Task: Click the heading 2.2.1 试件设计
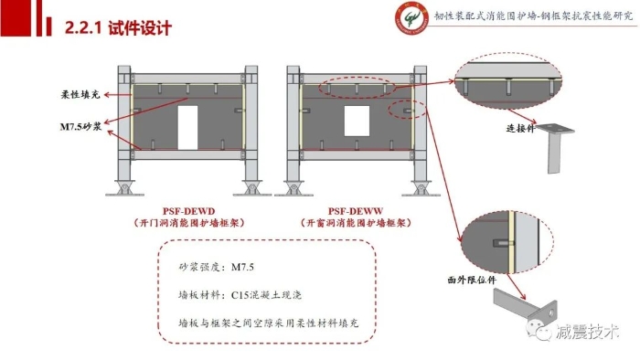tap(118, 27)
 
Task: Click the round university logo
tap(411, 17)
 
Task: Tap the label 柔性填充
tap(80, 95)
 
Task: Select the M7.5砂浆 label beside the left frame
tap(80, 127)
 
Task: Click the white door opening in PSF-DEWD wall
tap(187, 128)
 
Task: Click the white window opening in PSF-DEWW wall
tap(357, 122)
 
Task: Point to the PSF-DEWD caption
tap(188, 211)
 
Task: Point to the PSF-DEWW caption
tap(356, 211)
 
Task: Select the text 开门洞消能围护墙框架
tap(189, 223)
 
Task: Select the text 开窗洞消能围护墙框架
tap(356, 223)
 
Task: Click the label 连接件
tap(520, 128)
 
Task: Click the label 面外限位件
tap(472, 280)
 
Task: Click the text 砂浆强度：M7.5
tap(217, 267)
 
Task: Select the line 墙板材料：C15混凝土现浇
tap(240, 295)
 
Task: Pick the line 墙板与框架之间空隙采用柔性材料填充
tap(269, 323)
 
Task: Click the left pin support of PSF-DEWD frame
tap(124, 188)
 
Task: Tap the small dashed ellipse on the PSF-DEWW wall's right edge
tap(408, 110)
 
